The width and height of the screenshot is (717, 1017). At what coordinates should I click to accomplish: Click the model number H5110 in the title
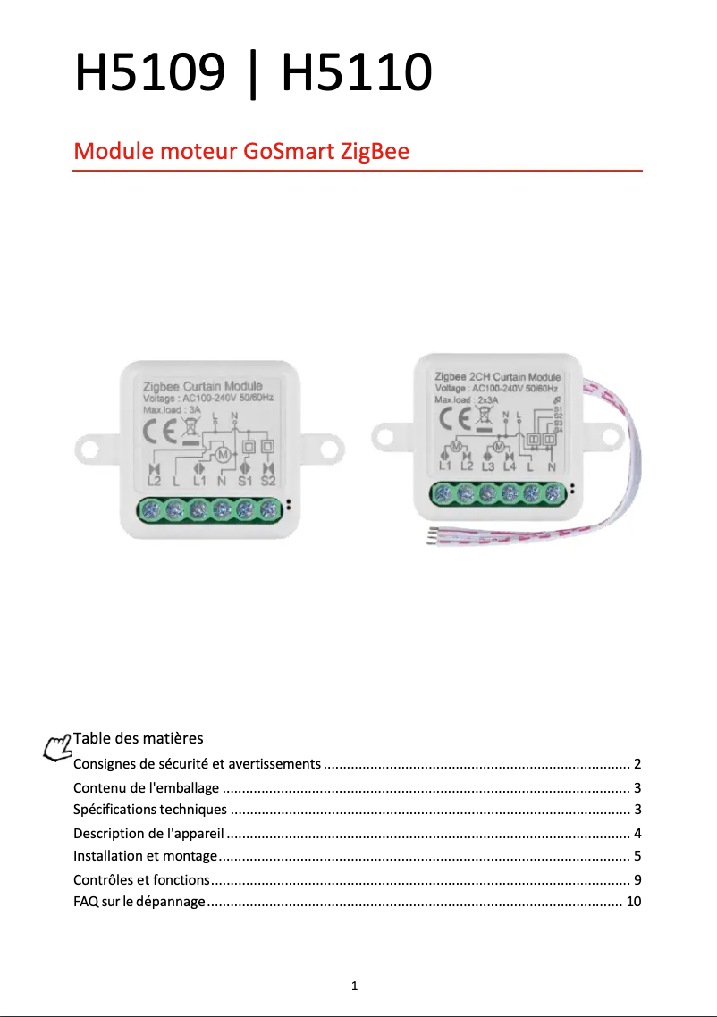pos(357,73)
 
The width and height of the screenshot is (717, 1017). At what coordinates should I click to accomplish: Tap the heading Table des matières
pos(138,738)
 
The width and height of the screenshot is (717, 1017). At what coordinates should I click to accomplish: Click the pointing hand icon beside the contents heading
pos(58,747)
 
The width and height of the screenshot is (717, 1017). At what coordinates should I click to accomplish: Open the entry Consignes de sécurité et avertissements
pos(197,764)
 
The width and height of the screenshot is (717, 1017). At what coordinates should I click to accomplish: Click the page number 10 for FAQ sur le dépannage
pos(633,901)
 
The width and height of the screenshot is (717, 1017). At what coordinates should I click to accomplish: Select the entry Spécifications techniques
pos(150,810)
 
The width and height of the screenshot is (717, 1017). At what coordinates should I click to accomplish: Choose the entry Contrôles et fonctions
pos(141,879)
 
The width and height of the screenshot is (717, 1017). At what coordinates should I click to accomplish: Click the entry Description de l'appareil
pos(148,834)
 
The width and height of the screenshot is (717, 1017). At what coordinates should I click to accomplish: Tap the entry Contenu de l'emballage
pos(146,787)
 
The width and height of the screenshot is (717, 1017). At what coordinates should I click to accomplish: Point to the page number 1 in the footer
pos(355,987)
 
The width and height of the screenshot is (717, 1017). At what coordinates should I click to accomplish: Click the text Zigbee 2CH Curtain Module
pos(497,377)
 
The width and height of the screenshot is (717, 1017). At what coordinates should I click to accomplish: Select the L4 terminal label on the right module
pos(510,466)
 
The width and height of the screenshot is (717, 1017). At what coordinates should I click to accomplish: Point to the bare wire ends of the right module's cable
pos(432,536)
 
